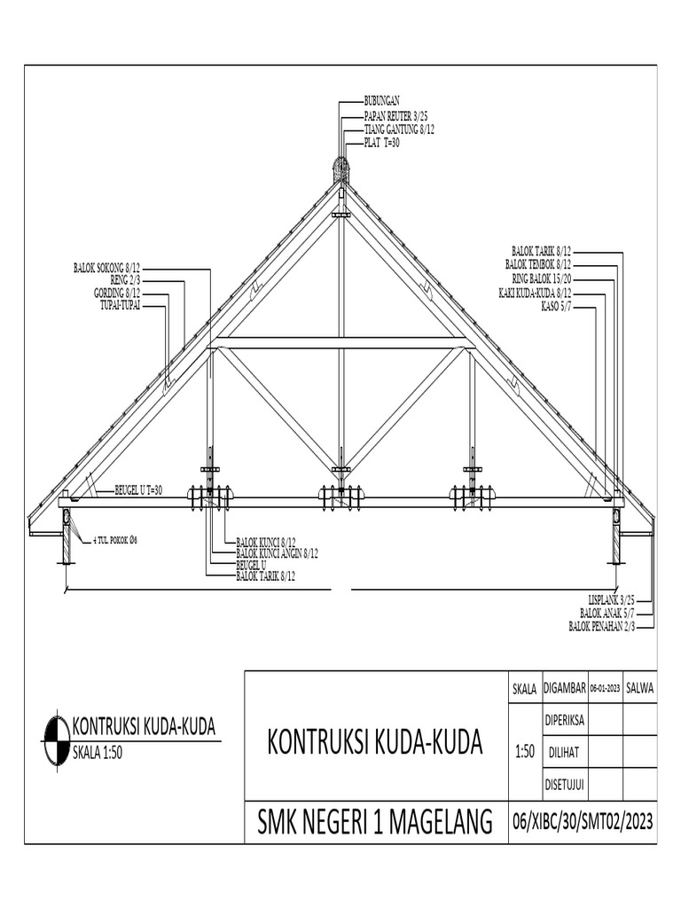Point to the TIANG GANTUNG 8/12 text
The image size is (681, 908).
point(399,129)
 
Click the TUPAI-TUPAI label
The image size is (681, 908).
point(121,306)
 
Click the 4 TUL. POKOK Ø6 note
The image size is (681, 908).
point(115,539)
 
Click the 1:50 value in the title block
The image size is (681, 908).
point(525,752)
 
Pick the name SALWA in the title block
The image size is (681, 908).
point(639,686)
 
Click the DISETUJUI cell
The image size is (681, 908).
point(564,784)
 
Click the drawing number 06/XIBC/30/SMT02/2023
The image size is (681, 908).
point(583,822)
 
